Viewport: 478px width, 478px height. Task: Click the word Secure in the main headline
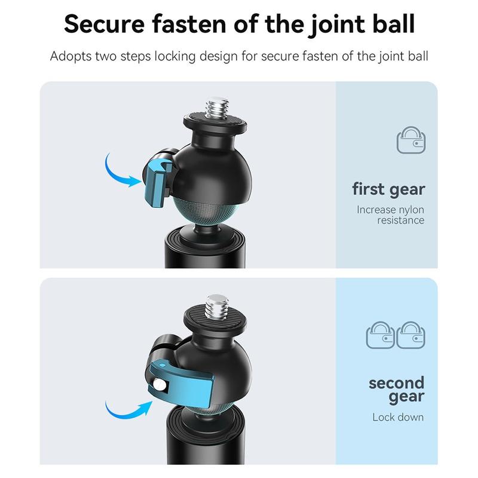[104, 24]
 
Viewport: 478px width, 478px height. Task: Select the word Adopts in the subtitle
[71, 57]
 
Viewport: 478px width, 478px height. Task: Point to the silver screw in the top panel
[217, 108]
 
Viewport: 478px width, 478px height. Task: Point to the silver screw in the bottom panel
[216, 307]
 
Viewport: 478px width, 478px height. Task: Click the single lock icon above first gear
[411, 140]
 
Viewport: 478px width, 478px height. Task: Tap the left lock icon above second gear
[380, 335]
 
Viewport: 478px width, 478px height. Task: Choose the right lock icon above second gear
[410, 335]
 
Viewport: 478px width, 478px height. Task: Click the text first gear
[388, 189]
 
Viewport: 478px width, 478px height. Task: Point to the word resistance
[400, 220]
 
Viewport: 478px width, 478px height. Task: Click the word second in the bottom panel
[396, 383]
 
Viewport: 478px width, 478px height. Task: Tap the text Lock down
[398, 417]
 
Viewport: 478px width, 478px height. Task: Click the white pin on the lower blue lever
[160, 385]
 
